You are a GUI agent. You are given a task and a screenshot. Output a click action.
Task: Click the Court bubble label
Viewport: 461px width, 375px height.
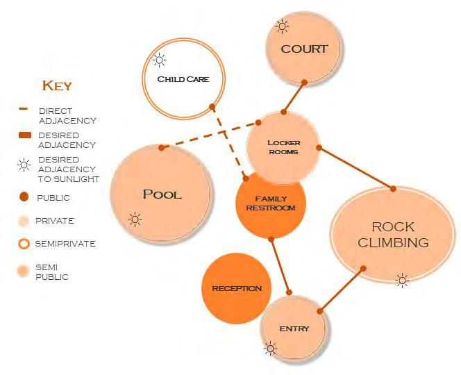tap(304, 49)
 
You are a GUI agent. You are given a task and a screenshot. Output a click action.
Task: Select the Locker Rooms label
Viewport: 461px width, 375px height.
tap(283, 147)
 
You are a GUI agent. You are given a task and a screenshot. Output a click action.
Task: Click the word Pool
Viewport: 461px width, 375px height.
tap(162, 194)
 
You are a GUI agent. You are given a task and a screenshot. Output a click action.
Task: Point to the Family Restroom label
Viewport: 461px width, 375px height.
tap(271, 203)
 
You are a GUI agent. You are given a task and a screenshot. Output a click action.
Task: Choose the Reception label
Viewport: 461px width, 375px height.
tap(237, 288)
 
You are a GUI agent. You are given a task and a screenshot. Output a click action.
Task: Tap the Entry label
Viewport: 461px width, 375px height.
tap(294, 328)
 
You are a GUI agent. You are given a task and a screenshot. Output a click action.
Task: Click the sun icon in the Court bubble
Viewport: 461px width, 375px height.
tap(282, 27)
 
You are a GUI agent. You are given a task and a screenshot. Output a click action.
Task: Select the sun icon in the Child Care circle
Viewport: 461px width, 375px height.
tap(160, 60)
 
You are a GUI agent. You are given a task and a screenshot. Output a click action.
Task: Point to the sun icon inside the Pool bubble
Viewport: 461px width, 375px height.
tap(135, 220)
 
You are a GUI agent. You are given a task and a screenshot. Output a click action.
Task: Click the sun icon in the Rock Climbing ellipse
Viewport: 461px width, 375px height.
tap(401, 280)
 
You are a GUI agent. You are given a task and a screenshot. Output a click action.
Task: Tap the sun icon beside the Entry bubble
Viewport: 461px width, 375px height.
tap(270, 349)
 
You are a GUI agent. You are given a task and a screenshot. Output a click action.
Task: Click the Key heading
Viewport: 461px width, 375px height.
tap(57, 86)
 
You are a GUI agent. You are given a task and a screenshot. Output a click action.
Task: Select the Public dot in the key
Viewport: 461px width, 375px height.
tap(24, 198)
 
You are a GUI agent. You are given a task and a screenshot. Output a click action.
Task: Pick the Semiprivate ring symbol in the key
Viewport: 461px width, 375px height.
tap(24, 244)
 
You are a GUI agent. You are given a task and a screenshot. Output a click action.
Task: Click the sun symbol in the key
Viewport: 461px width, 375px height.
tap(24, 165)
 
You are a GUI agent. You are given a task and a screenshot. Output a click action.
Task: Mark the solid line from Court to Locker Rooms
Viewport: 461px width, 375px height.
tap(294, 97)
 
